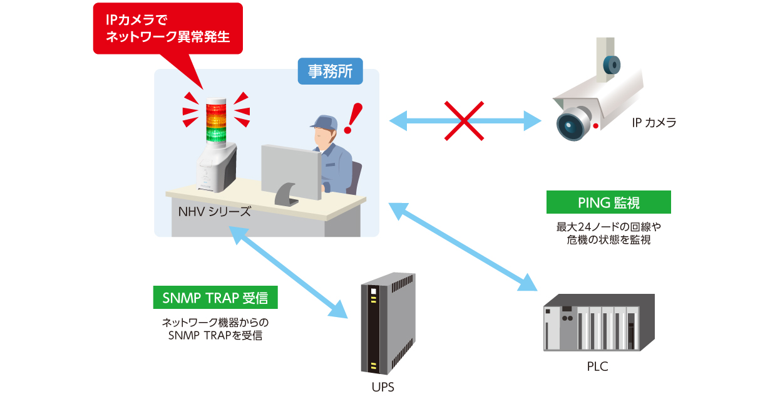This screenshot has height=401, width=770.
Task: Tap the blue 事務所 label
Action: point(330,71)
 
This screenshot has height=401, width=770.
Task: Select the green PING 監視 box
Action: point(608,202)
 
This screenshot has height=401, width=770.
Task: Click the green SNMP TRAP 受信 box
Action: point(215,298)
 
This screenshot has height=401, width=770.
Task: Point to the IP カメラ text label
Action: point(654,123)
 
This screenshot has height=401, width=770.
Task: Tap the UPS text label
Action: point(382,387)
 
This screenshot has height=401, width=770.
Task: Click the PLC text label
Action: point(598,367)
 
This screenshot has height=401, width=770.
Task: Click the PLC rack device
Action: point(598,323)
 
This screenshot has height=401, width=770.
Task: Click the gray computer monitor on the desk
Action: point(290,169)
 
